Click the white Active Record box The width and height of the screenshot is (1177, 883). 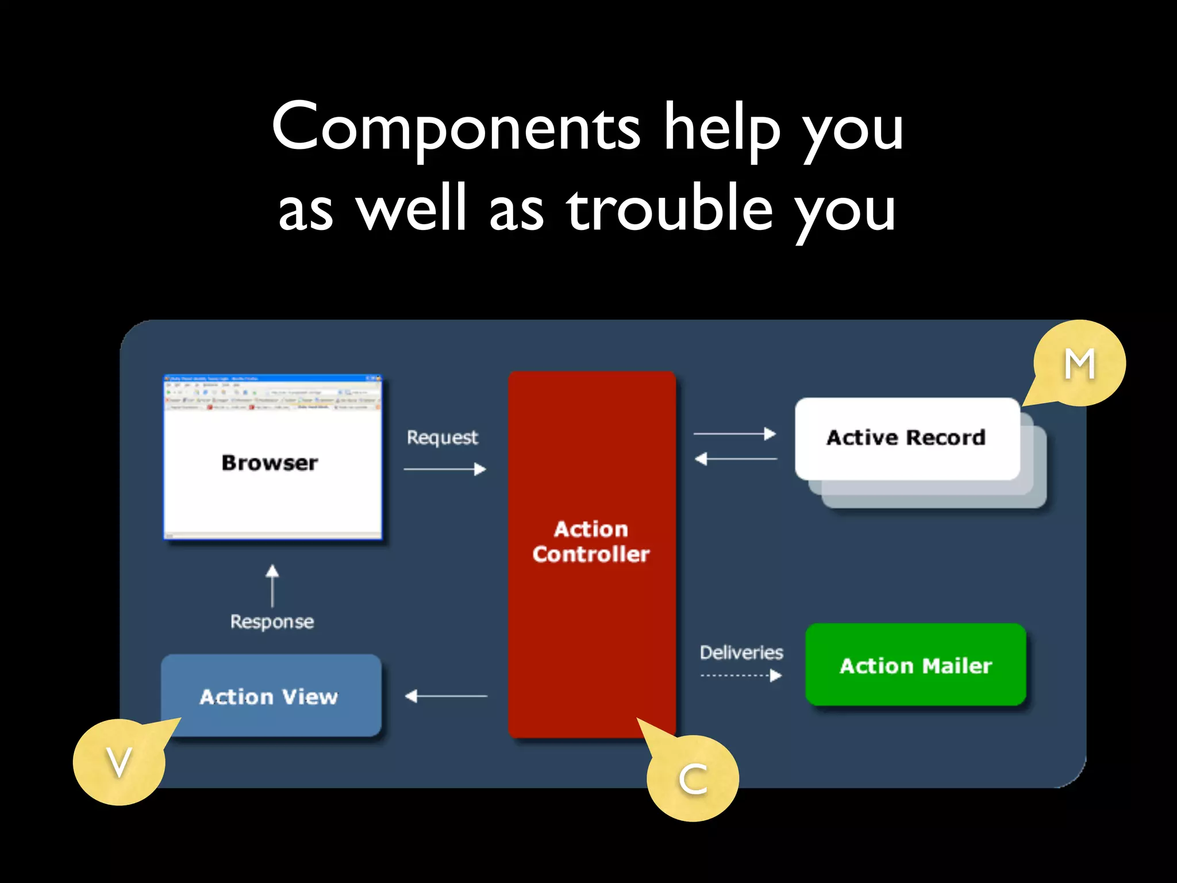point(907,438)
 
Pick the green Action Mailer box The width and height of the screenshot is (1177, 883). point(916,665)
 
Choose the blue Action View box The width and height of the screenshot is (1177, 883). point(270,696)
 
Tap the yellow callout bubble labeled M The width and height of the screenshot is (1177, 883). point(1079,364)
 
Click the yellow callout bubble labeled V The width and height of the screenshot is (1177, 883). point(119,762)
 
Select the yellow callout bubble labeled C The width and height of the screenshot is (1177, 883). point(693,779)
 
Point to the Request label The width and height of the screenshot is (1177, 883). point(442,437)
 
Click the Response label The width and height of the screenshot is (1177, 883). point(272,621)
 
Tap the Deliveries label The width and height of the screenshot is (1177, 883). point(741,652)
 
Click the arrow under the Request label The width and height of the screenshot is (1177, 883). point(445,470)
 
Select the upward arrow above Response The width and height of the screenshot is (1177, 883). point(272,585)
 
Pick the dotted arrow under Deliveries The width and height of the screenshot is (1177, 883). point(741,675)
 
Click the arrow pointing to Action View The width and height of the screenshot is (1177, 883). point(446,696)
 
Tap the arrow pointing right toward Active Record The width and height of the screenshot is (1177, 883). point(734,434)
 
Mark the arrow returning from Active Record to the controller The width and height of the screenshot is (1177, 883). point(736,459)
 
